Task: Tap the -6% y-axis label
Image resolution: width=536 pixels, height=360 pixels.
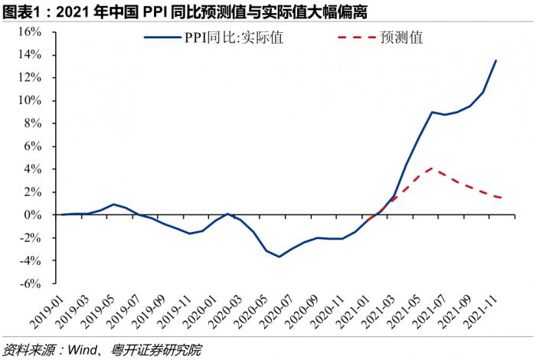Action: click(x=38, y=283)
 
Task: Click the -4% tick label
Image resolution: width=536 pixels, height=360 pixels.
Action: click(x=38, y=260)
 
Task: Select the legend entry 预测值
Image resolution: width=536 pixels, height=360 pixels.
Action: click(x=401, y=37)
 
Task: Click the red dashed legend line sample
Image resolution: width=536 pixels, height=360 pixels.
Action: click(x=355, y=37)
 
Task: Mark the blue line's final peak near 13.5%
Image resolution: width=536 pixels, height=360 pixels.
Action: click(x=495, y=61)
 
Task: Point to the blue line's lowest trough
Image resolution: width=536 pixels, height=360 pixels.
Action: click(x=279, y=257)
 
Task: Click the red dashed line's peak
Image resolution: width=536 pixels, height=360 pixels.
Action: click(x=433, y=168)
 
